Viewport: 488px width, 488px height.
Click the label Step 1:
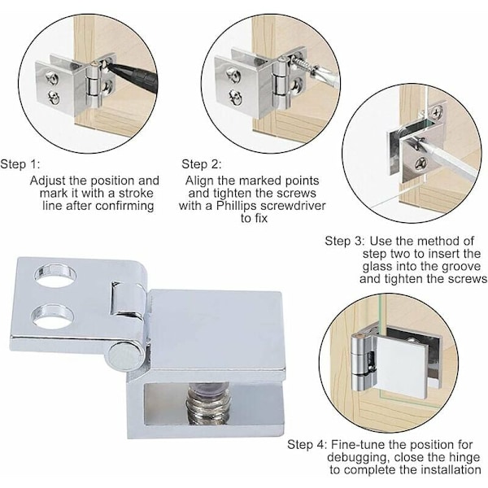tap(20, 164)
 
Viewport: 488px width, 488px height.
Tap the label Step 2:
tap(202, 164)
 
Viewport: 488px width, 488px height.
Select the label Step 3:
tap(344, 241)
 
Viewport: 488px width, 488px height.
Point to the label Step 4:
tap(307, 444)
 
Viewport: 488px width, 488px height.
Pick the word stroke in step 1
tap(137, 194)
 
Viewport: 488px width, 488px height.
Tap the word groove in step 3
tap(460, 267)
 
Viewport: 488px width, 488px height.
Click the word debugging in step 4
tap(358, 457)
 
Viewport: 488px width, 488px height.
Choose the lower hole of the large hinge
tap(54, 316)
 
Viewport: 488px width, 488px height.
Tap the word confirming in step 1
tap(124, 206)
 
